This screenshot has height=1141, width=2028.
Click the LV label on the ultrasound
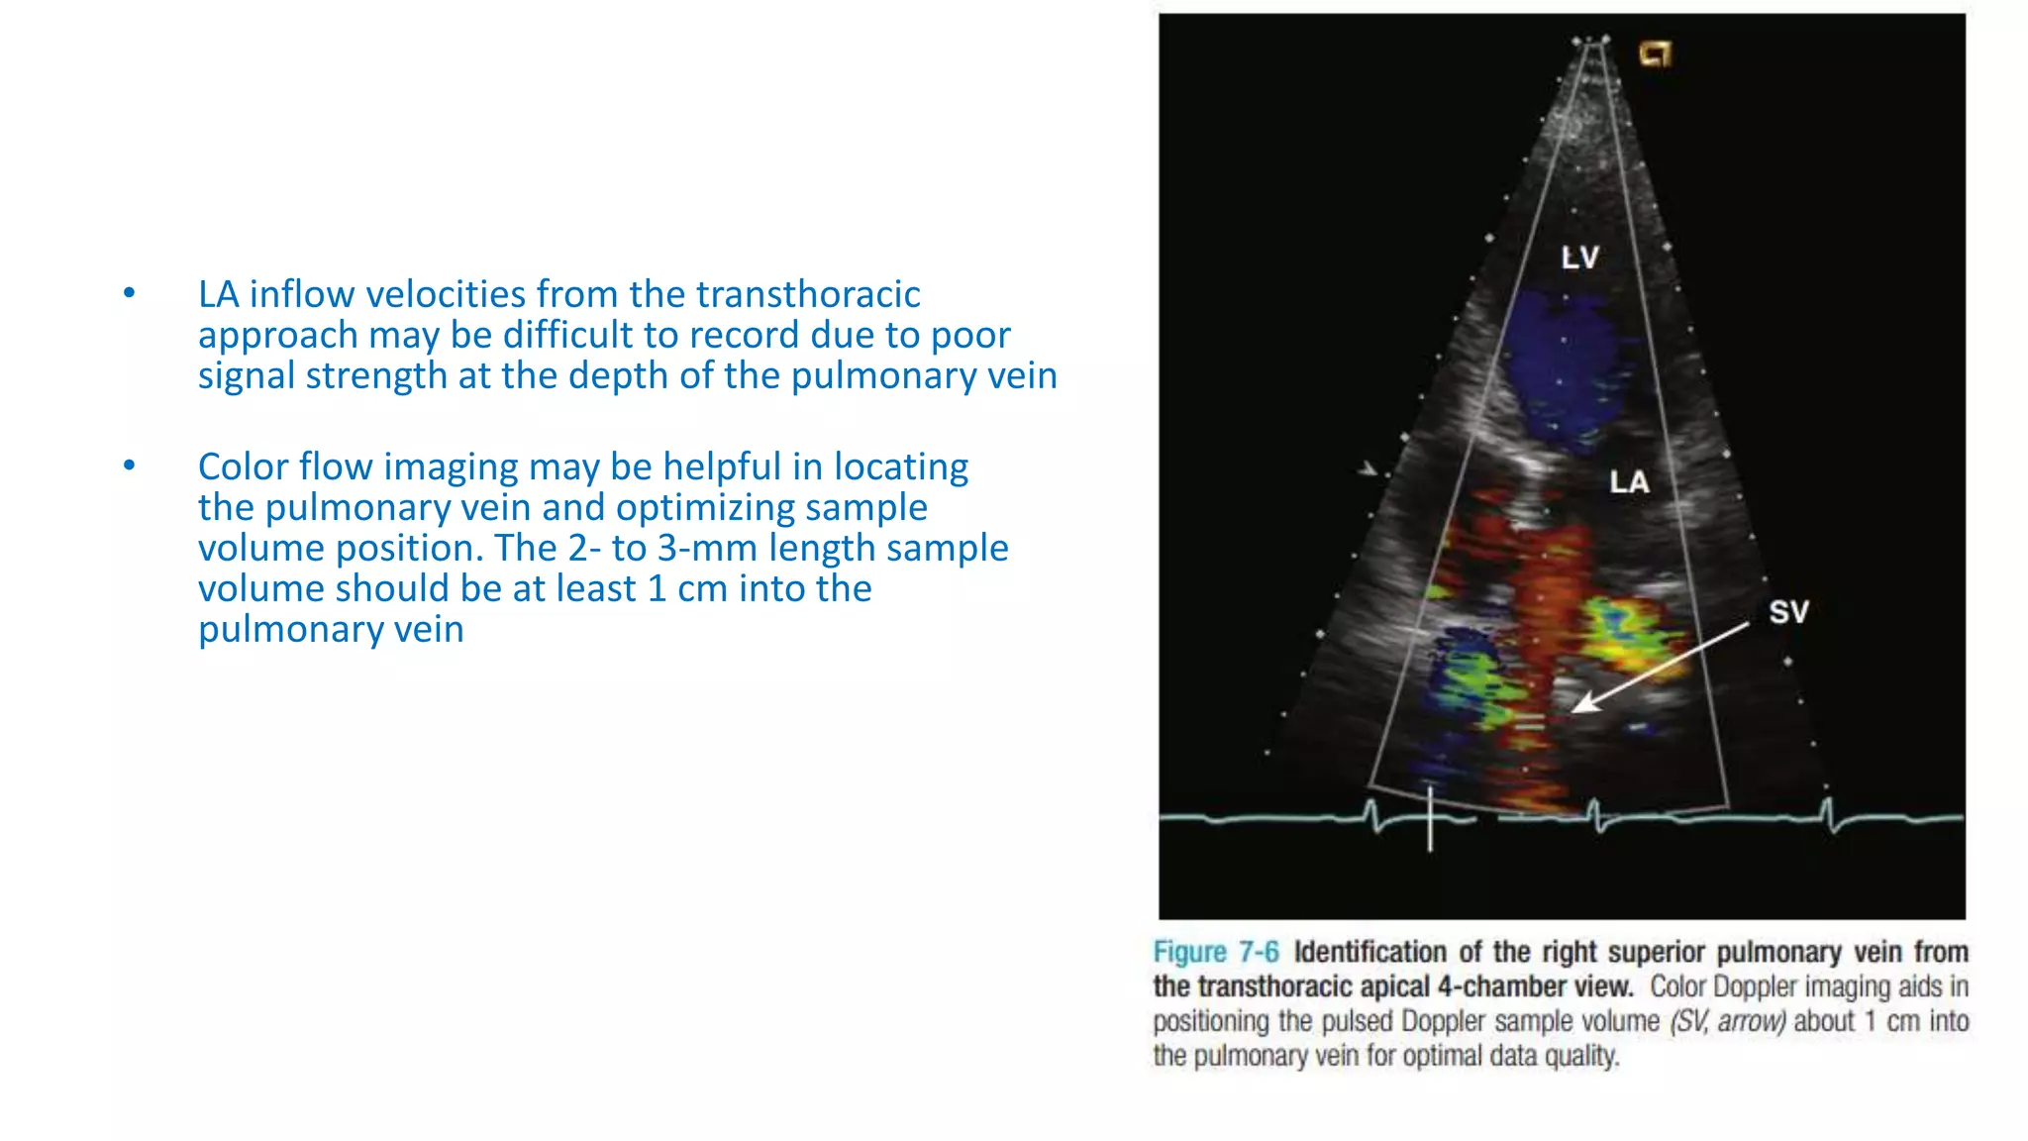(x=1579, y=258)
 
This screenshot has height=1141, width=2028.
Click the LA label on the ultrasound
(x=1629, y=482)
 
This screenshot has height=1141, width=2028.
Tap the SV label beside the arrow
(x=1788, y=612)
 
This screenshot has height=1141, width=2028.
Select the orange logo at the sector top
(x=1655, y=53)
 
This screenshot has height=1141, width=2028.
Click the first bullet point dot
(x=129, y=293)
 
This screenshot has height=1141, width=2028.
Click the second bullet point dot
(x=129, y=466)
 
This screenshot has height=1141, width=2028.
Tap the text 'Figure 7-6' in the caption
(x=1215, y=952)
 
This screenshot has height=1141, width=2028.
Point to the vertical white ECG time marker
(x=1430, y=818)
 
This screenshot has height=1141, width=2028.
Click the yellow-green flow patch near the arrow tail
(x=1625, y=634)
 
